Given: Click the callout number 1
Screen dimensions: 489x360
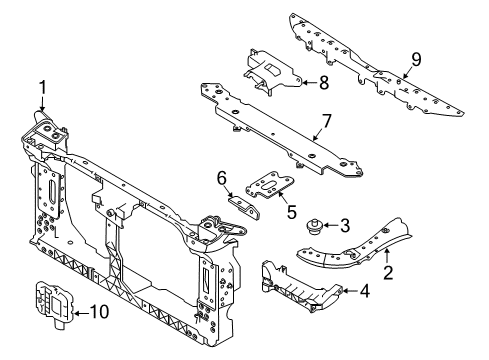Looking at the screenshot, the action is [42, 89].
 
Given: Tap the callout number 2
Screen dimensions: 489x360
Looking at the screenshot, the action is [388, 272].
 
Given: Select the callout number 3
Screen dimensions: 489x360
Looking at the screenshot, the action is [345, 225].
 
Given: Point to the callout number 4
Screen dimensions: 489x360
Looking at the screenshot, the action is [365, 291].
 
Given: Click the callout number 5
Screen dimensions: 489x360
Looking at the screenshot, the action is [292, 211].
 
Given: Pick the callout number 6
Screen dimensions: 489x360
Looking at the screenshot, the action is [222, 178].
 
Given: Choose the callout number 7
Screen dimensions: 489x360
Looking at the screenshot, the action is [327, 121].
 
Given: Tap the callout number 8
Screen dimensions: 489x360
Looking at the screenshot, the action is [324, 83].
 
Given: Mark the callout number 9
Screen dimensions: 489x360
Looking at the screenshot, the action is [416, 60].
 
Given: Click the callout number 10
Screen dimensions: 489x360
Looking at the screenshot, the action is [99, 312].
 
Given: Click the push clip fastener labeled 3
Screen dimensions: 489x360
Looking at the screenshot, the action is [314, 226].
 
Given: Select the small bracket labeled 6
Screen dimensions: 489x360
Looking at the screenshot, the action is [244, 207].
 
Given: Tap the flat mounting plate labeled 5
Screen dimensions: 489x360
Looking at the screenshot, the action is [270, 185].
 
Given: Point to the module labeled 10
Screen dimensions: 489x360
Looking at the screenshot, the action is [54, 303].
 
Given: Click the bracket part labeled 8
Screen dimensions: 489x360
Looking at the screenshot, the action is [273, 72].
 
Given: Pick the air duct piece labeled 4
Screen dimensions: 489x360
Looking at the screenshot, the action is [300, 288].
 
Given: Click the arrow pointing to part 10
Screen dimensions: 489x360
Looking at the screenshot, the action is [81, 313].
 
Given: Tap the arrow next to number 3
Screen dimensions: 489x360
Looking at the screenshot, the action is [330, 225].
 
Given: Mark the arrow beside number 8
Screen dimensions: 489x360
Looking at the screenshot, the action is [310, 82].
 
